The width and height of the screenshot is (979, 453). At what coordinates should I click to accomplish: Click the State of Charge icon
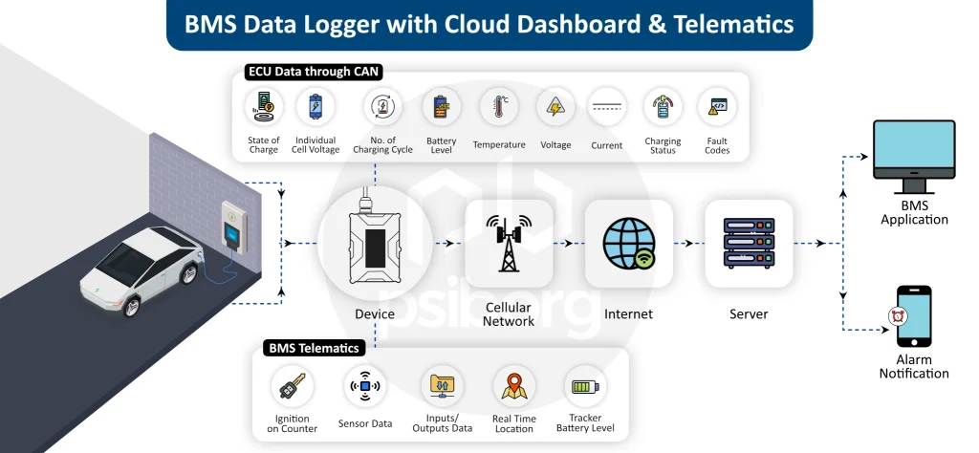(263, 107)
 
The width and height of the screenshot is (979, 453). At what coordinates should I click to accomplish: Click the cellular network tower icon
(509, 243)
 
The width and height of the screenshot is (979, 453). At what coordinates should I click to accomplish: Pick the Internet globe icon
(628, 243)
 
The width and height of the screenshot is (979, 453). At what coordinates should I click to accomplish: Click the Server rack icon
(749, 243)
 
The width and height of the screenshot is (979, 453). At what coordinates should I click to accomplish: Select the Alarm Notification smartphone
(913, 316)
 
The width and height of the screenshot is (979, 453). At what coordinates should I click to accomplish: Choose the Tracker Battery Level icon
(584, 386)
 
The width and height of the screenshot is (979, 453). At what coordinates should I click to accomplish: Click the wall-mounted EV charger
(233, 227)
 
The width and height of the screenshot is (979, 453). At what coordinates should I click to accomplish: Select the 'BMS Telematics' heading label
(314, 349)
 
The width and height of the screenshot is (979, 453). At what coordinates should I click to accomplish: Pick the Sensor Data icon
(364, 386)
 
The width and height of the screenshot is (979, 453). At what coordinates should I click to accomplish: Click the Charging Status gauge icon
(663, 107)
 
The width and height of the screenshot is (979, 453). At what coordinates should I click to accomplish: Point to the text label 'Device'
(374, 314)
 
